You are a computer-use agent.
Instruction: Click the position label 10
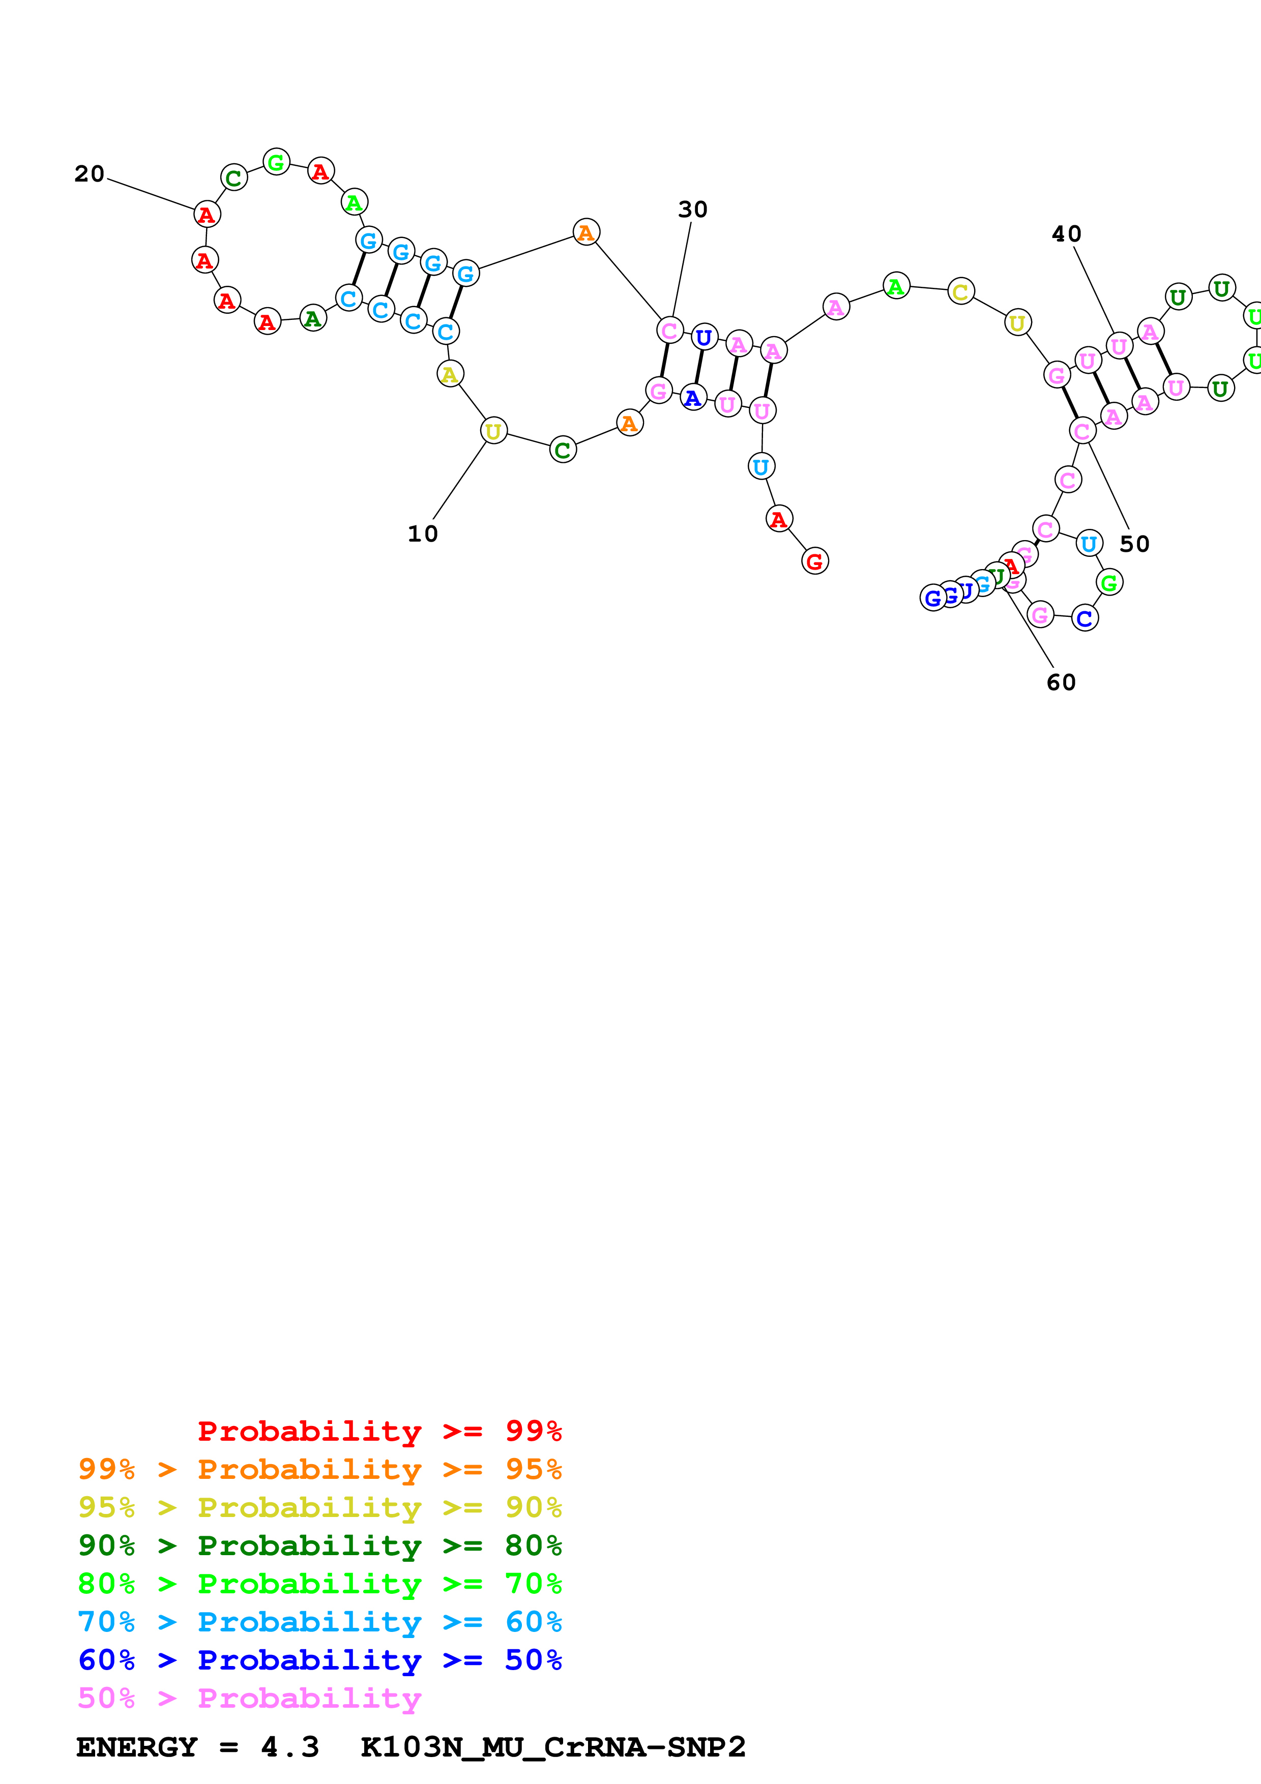click(x=423, y=534)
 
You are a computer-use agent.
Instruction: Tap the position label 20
click(x=90, y=173)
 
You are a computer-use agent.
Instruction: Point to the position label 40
click(x=1066, y=234)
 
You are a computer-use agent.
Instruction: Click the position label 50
click(x=1134, y=544)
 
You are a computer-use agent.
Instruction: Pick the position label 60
click(x=1061, y=682)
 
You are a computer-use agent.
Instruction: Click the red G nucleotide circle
click(x=814, y=561)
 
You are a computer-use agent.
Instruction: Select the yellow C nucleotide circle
click(x=960, y=291)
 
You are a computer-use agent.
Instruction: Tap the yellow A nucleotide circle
click(x=450, y=374)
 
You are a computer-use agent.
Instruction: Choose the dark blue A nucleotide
click(x=692, y=398)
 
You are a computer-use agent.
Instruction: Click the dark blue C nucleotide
click(x=1084, y=618)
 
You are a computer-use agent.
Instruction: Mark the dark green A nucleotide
click(x=312, y=318)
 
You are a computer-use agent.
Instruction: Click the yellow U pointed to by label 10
click(x=493, y=430)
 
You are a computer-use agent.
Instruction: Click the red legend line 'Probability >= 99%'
click(x=379, y=1431)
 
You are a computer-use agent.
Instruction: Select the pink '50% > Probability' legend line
click(x=249, y=1698)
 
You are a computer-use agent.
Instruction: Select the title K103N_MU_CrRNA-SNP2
click(x=552, y=1747)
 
